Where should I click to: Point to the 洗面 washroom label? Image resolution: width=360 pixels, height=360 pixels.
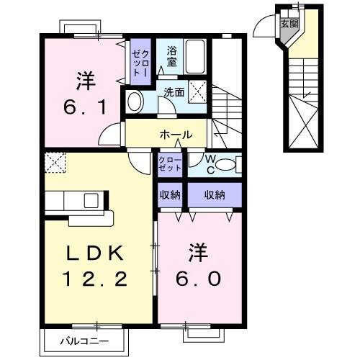point(174,92)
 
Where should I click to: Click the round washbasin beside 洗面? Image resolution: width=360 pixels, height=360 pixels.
point(134,102)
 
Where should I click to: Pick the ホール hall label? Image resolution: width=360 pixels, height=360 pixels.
point(176,135)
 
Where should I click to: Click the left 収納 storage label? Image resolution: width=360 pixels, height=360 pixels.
point(171,194)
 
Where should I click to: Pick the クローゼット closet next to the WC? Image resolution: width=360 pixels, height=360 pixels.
point(171,164)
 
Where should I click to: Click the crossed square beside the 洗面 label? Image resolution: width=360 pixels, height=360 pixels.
point(200,91)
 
